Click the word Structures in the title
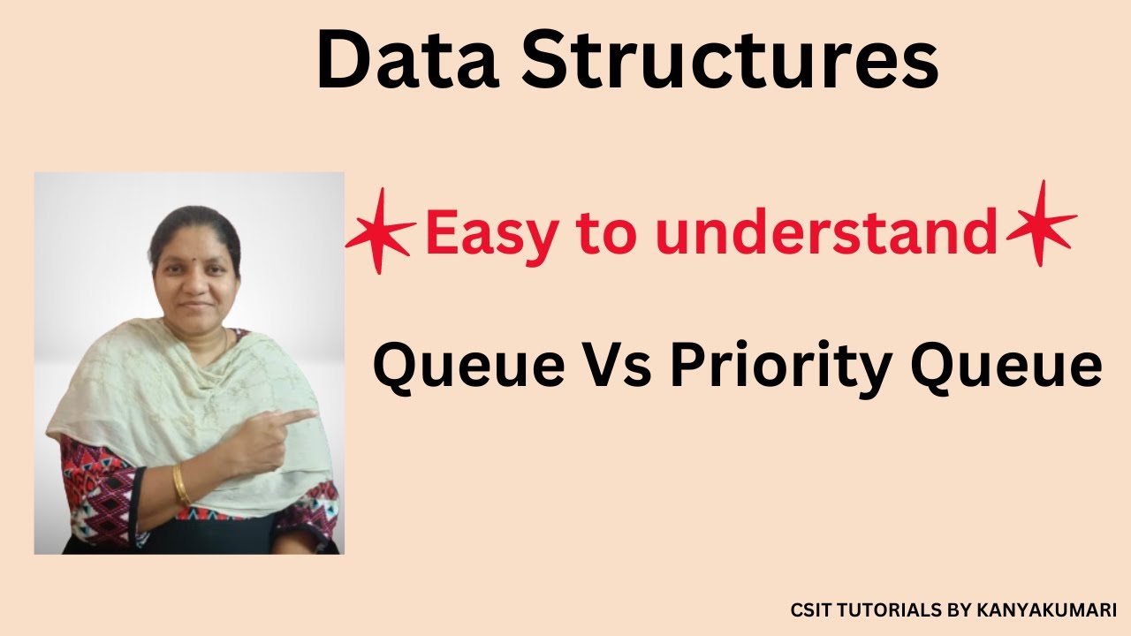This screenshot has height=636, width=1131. [728, 60]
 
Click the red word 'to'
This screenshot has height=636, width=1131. [605, 233]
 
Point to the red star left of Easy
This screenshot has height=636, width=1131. [380, 229]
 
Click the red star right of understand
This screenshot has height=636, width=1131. [1041, 223]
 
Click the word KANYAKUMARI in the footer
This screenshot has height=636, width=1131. [1046, 610]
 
